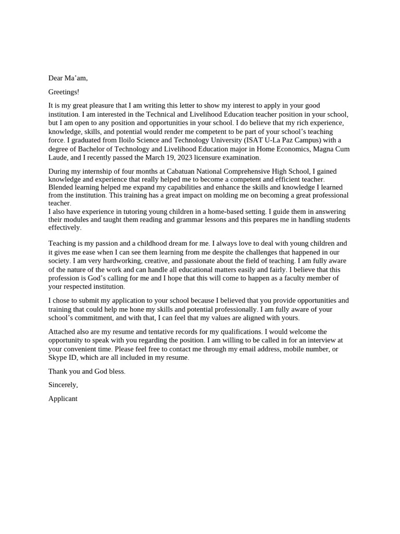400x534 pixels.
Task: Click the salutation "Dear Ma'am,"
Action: tap(68, 78)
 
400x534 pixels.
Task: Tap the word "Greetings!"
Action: tap(64, 92)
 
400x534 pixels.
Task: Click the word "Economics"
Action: tap(292, 149)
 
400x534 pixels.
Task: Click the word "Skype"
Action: tap(58, 358)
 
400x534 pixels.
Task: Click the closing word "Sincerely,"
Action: tap(63, 385)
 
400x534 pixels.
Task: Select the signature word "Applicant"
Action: tap(63, 398)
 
